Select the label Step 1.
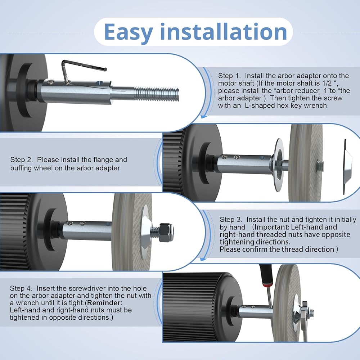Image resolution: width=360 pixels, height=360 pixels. [229, 76]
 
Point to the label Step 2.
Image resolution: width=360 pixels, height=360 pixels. [21, 160]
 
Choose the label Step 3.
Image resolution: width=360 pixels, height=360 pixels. [230, 220]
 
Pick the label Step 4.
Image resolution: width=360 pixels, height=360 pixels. [21, 288]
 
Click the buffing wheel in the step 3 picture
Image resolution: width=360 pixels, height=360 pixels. [131, 232]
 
